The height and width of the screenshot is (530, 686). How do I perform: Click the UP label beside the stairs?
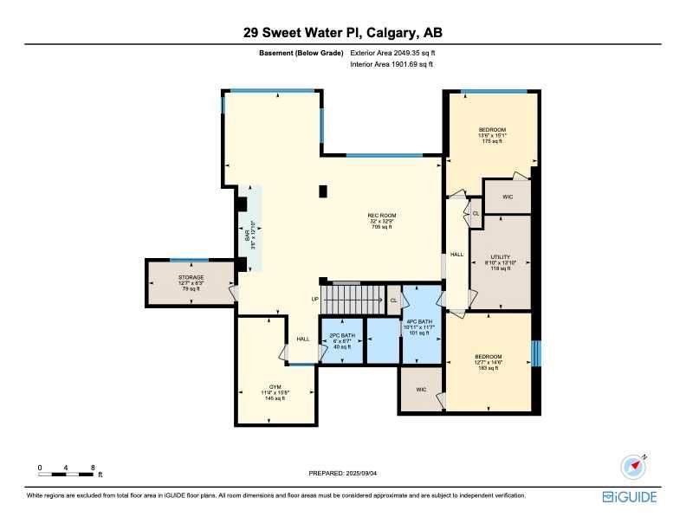315,300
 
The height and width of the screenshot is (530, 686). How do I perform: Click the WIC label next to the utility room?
508,197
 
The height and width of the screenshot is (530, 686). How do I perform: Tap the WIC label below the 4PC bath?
421,390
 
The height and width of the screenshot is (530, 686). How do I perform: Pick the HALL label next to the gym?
303,339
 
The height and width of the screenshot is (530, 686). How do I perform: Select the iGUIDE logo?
630,497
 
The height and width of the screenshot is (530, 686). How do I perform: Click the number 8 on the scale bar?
92,468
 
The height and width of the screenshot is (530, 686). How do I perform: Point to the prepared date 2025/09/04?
343,473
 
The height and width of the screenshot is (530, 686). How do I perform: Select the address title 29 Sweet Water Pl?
343,34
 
